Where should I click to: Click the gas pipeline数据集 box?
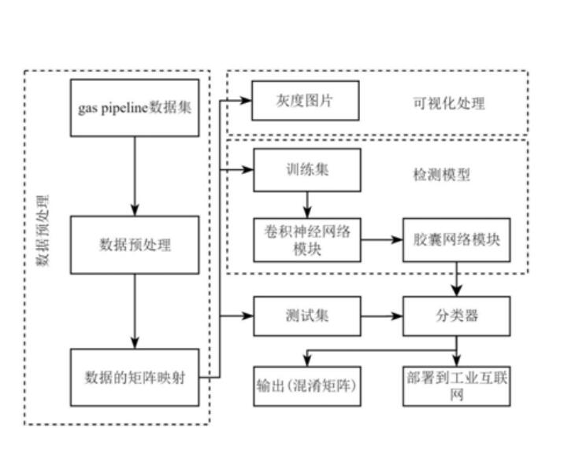pos(135,108)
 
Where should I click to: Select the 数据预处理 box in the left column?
pos(135,245)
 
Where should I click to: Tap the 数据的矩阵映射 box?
pos(135,377)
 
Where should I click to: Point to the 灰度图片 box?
pos(306,101)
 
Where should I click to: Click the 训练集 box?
pos(306,170)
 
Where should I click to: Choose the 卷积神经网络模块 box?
pos(306,238)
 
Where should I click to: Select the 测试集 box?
pos(306,316)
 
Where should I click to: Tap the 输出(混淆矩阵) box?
pos(306,386)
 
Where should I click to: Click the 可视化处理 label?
pos(449,102)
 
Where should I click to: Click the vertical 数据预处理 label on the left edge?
pos(44,229)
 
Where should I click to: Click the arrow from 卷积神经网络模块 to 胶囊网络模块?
pos(382,238)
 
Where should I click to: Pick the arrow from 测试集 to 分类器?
pos(382,316)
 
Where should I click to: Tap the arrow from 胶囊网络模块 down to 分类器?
pos(456,279)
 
